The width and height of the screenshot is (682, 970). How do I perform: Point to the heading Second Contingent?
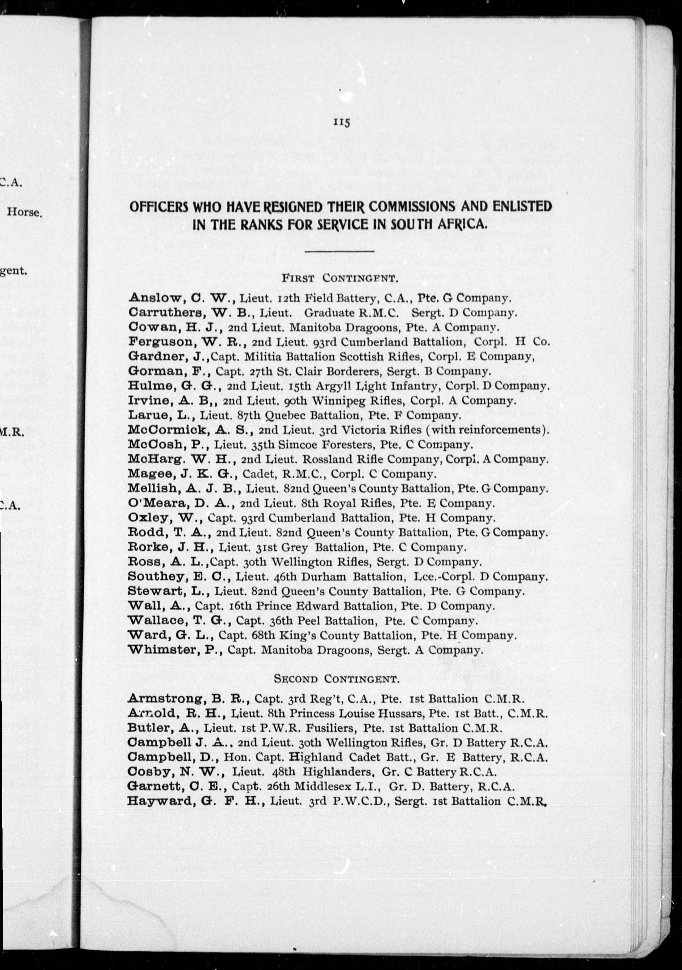337,679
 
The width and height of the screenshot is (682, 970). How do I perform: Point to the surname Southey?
156,577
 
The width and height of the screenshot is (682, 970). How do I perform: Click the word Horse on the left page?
24,212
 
